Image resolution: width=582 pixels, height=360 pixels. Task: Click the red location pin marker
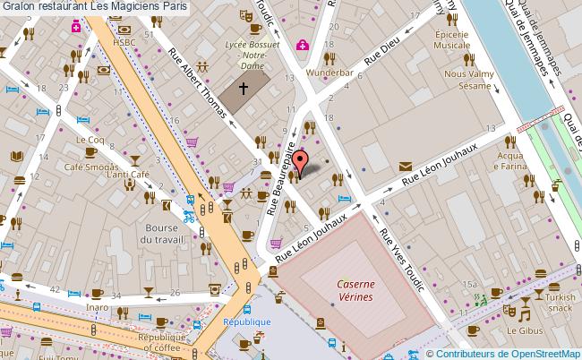click(x=301, y=161)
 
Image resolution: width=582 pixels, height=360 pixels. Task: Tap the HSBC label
click(x=124, y=42)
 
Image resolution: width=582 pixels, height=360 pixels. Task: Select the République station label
click(x=247, y=321)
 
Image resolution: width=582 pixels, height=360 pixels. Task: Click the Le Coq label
click(x=90, y=140)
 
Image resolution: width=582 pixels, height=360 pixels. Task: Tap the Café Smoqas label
click(x=91, y=167)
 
